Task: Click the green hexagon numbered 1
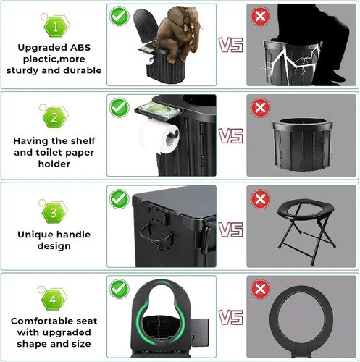click(x=55, y=27)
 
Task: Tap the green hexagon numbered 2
click(x=54, y=118)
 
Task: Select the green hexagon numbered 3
click(x=54, y=213)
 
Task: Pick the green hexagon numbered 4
click(x=53, y=300)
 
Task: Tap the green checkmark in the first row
click(x=120, y=16)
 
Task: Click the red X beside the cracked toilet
click(x=261, y=16)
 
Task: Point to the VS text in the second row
click(x=231, y=136)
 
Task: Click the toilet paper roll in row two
click(x=159, y=137)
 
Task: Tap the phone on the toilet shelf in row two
click(x=158, y=110)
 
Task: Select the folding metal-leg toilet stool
click(x=306, y=231)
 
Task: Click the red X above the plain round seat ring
click(x=260, y=289)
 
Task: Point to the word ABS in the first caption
click(x=80, y=48)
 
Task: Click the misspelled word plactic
click(x=37, y=59)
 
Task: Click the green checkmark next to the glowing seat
click(x=120, y=289)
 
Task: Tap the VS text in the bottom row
click(x=231, y=317)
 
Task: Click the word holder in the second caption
click(x=54, y=164)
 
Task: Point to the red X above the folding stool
click(x=260, y=199)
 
